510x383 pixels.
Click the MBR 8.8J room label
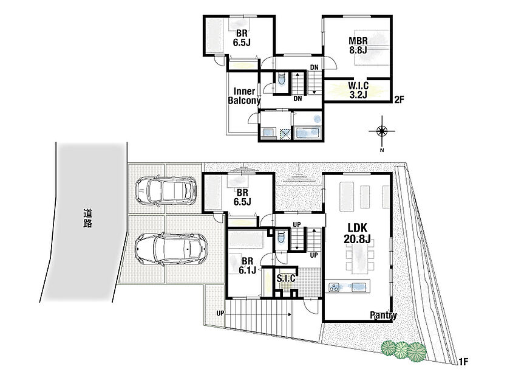(x=358, y=46)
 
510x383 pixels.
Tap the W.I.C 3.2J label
(x=358, y=90)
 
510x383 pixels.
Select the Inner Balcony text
(x=244, y=96)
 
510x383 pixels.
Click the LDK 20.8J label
(x=357, y=233)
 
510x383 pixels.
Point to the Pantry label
(x=383, y=316)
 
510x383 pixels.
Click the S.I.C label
(x=286, y=278)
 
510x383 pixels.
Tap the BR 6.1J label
(x=247, y=266)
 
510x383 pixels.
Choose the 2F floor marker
(x=399, y=99)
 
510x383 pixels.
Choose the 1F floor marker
(x=463, y=361)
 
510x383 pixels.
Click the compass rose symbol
(x=382, y=131)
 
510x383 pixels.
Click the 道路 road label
(x=87, y=218)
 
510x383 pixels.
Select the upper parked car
(x=166, y=190)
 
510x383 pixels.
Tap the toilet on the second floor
(x=281, y=79)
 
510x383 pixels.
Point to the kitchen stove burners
(x=334, y=287)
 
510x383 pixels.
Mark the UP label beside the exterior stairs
(x=220, y=313)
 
